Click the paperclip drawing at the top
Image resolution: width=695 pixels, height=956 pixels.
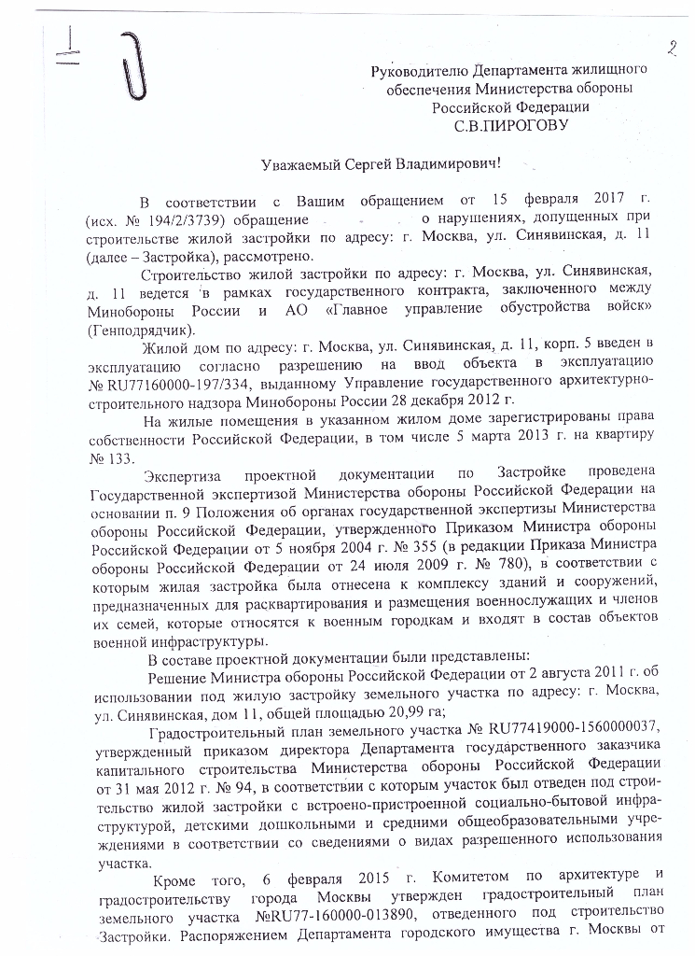point(133,64)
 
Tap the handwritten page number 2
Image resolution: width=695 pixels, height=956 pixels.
point(671,47)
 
